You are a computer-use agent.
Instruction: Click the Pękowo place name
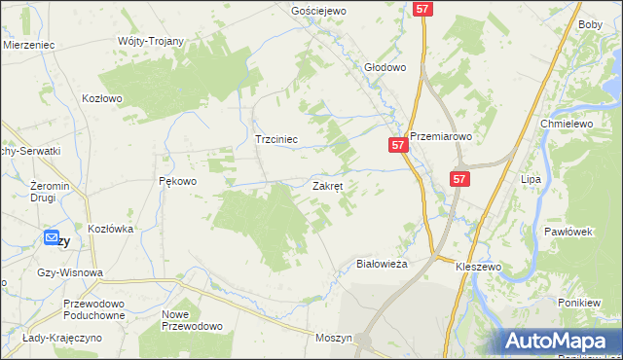pyautogui.click(x=177, y=181)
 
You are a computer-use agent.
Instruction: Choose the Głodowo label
pyautogui.click(x=384, y=68)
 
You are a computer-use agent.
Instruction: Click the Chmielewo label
pyautogui.click(x=567, y=125)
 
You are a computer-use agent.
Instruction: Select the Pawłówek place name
pyautogui.click(x=568, y=232)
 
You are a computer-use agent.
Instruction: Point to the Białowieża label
pyautogui.click(x=382, y=263)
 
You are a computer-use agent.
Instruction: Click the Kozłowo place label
pyautogui.click(x=101, y=98)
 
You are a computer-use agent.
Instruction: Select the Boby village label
pyautogui.click(x=590, y=24)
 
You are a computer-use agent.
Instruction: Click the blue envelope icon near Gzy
pyautogui.click(x=52, y=237)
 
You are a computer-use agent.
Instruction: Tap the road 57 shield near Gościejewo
pyautogui.click(x=421, y=8)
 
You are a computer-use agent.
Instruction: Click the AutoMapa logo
pyautogui.click(x=561, y=341)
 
